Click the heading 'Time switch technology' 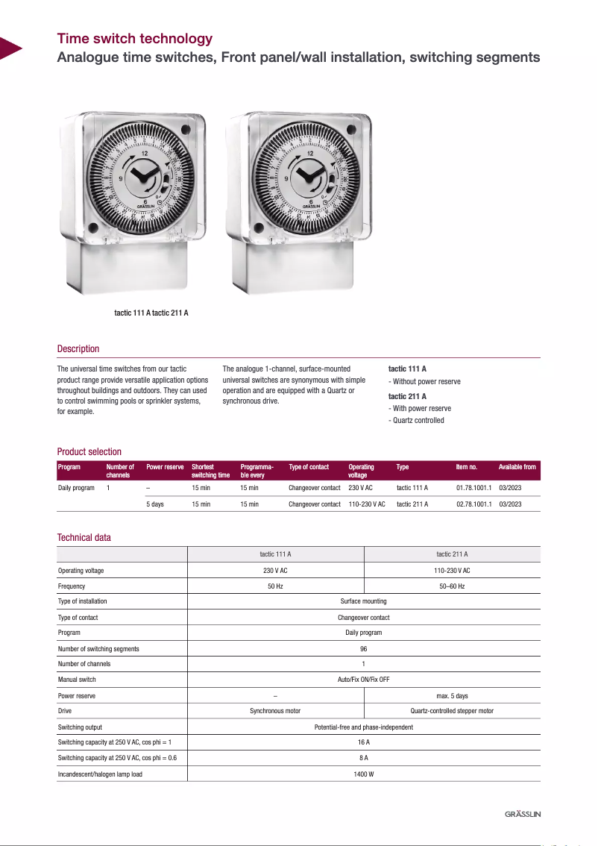click(x=135, y=39)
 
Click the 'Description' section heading click(x=78, y=349)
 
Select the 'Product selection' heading click(x=89, y=452)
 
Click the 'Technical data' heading click(x=84, y=538)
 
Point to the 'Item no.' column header click(x=466, y=467)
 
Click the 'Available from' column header click(x=517, y=467)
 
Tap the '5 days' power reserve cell click(x=155, y=504)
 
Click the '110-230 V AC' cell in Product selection click(x=367, y=504)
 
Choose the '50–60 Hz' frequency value click(x=452, y=586)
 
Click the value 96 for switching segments click(x=364, y=649)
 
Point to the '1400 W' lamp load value click(x=364, y=774)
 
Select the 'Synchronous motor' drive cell click(x=275, y=712)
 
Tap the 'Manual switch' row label click(x=77, y=680)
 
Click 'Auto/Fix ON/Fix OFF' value click(x=364, y=680)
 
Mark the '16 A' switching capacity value click(x=364, y=743)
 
